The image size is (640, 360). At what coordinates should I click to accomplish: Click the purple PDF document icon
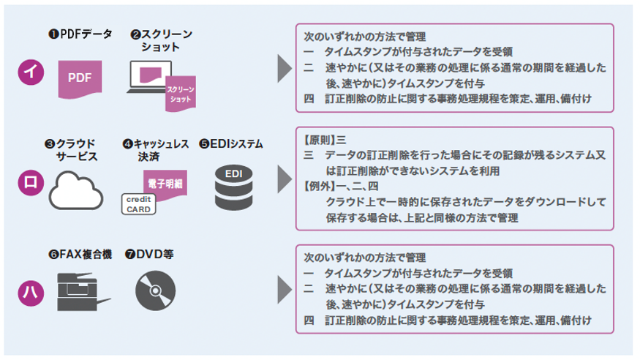click(x=80, y=78)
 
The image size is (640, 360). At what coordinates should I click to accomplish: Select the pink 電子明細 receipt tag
click(x=162, y=182)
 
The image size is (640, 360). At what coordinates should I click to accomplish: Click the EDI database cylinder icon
click(x=233, y=187)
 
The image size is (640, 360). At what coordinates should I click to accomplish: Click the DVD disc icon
click(x=155, y=290)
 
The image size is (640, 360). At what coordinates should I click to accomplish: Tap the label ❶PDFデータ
click(x=80, y=34)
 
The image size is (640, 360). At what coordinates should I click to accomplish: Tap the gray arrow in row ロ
click(x=283, y=179)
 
